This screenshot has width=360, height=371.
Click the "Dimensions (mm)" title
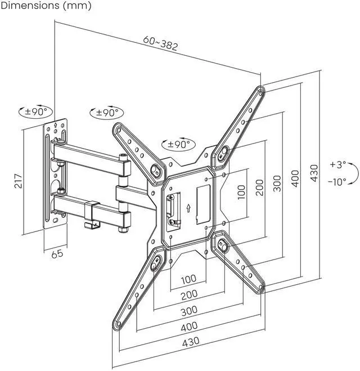(x=45, y=6)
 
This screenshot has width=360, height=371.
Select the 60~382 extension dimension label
(x=160, y=43)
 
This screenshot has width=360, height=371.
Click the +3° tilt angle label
(x=337, y=166)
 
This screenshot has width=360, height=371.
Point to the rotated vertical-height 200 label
(x=259, y=187)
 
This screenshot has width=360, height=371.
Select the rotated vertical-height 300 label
(x=277, y=184)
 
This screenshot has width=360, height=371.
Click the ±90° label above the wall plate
(x=35, y=111)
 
